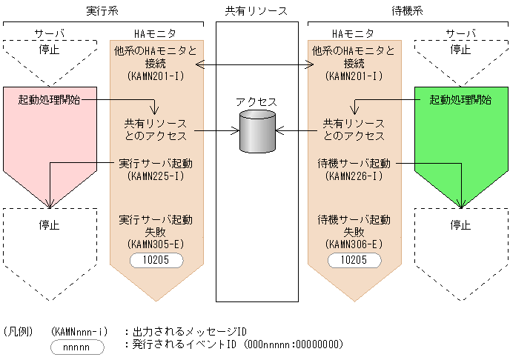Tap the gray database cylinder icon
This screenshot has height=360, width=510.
click(257, 132)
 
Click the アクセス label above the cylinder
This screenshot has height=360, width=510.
click(256, 101)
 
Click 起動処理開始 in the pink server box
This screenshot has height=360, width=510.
click(50, 99)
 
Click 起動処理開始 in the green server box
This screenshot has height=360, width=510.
click(460, 99)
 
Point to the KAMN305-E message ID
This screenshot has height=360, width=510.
click(156, 244)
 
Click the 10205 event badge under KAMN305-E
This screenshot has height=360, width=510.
click(156, 260)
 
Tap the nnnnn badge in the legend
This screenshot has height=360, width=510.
click(77, 346)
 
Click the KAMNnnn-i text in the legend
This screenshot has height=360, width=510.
click(82, 331)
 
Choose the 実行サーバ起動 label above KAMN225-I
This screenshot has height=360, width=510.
click(156, 163)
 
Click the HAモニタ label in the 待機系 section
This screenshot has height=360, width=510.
click(352, 33)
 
